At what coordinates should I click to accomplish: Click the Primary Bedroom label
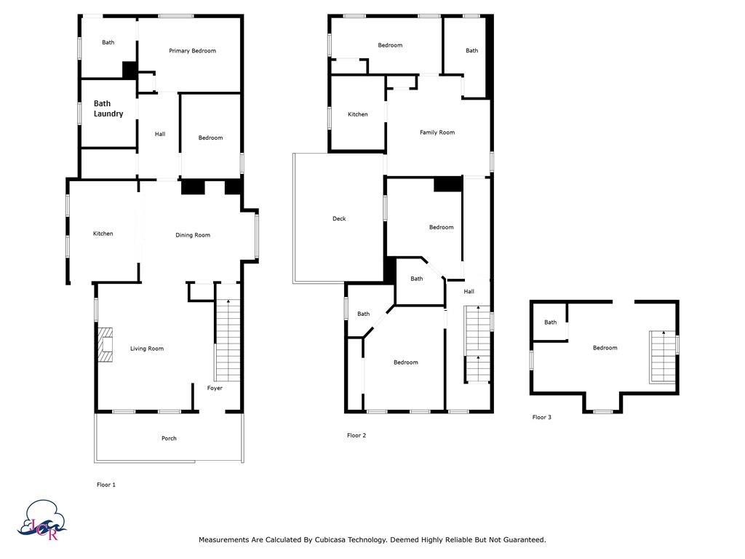192,51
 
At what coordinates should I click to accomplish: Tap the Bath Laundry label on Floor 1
108,108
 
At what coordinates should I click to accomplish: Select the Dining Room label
193,235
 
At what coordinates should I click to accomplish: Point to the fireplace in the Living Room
105,344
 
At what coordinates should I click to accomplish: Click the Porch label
169,438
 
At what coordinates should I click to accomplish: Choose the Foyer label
215,388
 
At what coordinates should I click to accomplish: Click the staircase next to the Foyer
228,340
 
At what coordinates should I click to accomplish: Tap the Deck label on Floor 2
339,219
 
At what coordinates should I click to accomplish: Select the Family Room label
437,132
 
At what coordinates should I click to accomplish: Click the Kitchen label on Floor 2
358,114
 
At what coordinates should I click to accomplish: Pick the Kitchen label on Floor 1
103,234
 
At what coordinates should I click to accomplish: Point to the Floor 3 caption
542,417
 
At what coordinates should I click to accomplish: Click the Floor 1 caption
106,485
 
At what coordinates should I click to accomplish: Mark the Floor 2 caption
356,435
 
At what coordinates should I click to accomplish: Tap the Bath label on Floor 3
551,322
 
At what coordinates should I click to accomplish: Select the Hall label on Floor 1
160,134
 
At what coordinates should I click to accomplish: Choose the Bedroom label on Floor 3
605,348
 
